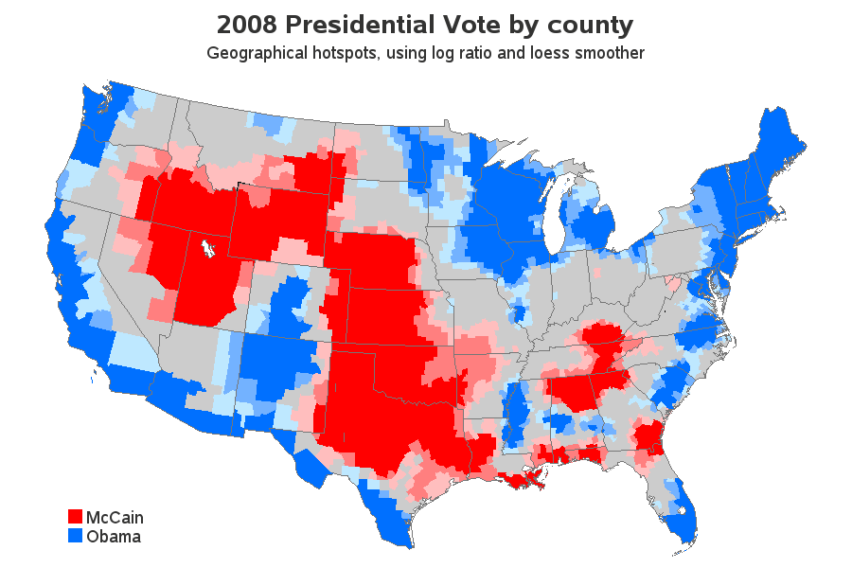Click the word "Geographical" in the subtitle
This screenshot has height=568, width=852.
[x=254, y=53]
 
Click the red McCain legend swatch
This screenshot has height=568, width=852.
[x=76, y=517]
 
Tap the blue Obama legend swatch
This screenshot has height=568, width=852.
[x=76, y=536]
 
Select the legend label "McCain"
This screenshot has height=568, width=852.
[x=115, y=518]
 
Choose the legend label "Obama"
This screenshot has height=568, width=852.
[x=114, y=537]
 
